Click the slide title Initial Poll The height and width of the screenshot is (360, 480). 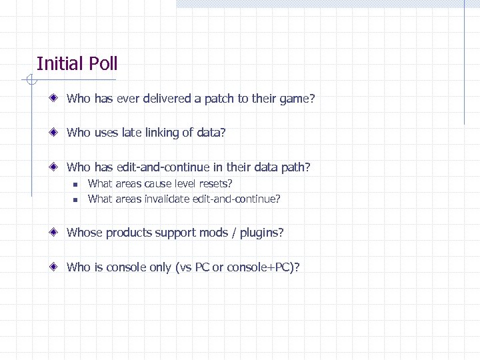77,64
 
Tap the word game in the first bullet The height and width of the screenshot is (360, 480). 293,99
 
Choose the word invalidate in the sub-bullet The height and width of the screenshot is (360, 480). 169,199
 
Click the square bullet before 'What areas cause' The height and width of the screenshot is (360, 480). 76,184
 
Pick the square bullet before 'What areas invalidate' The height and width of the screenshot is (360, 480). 76,199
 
